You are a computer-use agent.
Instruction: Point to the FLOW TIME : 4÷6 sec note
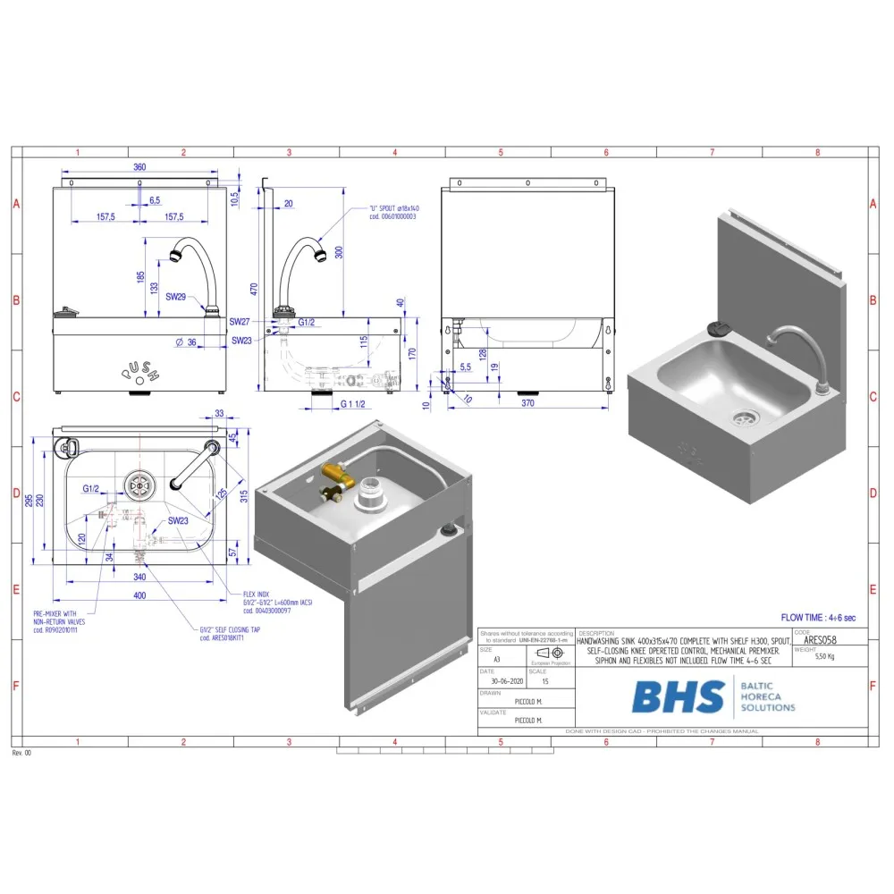[x=818, y=618]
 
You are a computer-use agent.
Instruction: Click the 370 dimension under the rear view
[x=527, y=405]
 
